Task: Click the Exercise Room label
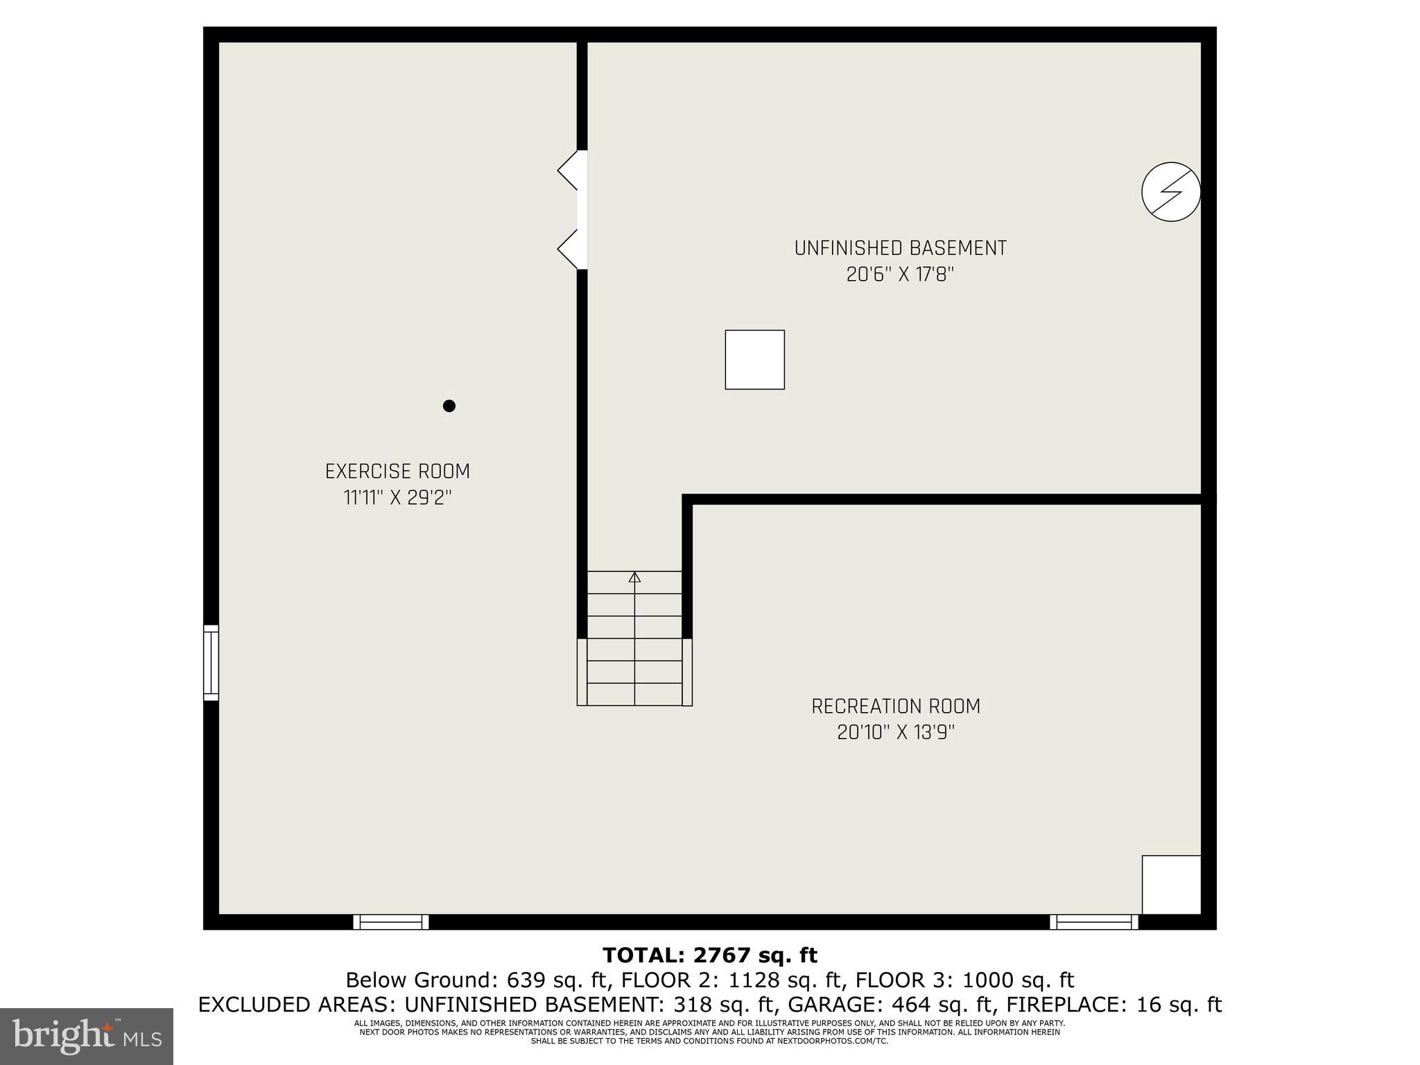397,471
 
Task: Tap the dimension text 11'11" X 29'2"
397,498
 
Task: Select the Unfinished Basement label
900,248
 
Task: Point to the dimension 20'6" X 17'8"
900,275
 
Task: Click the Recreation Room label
896,707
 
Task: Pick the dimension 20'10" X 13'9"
896,733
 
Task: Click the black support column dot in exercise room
449,406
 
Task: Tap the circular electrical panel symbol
1170,192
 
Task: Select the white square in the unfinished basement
754,359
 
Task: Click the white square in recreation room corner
1171,885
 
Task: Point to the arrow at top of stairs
634,577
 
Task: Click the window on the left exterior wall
211,663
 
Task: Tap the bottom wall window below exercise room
391,921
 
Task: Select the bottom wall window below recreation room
1093,921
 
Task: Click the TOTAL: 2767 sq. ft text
710,955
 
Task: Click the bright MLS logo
87,1036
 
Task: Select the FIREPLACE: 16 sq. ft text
1114,1005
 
